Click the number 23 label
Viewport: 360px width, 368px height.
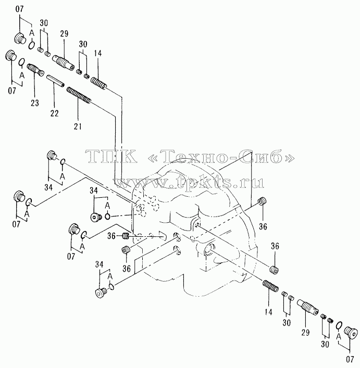[35, 103]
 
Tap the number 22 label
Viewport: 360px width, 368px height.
[54, 113]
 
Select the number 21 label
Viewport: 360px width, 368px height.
[78, 126]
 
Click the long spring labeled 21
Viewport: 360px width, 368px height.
[79, 95]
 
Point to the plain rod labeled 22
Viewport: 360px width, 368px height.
[56, 81]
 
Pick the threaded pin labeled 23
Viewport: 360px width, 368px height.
[35, 70]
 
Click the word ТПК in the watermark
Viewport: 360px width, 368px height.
[111, 157]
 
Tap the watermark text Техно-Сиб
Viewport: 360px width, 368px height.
[222, 157]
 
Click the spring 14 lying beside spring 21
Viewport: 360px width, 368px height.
[99, 83]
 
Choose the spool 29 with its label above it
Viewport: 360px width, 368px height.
[63, 62]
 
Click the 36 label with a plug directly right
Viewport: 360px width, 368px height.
[111, 236]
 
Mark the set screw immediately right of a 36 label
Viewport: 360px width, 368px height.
[126, 236]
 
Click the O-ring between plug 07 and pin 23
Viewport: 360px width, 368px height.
[21, 62]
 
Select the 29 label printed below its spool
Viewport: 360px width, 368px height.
[305, 332]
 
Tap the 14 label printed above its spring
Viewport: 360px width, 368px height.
[97, 53]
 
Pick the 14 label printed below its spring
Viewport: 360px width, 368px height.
[268, 312]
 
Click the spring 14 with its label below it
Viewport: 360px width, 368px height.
[270, 286]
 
